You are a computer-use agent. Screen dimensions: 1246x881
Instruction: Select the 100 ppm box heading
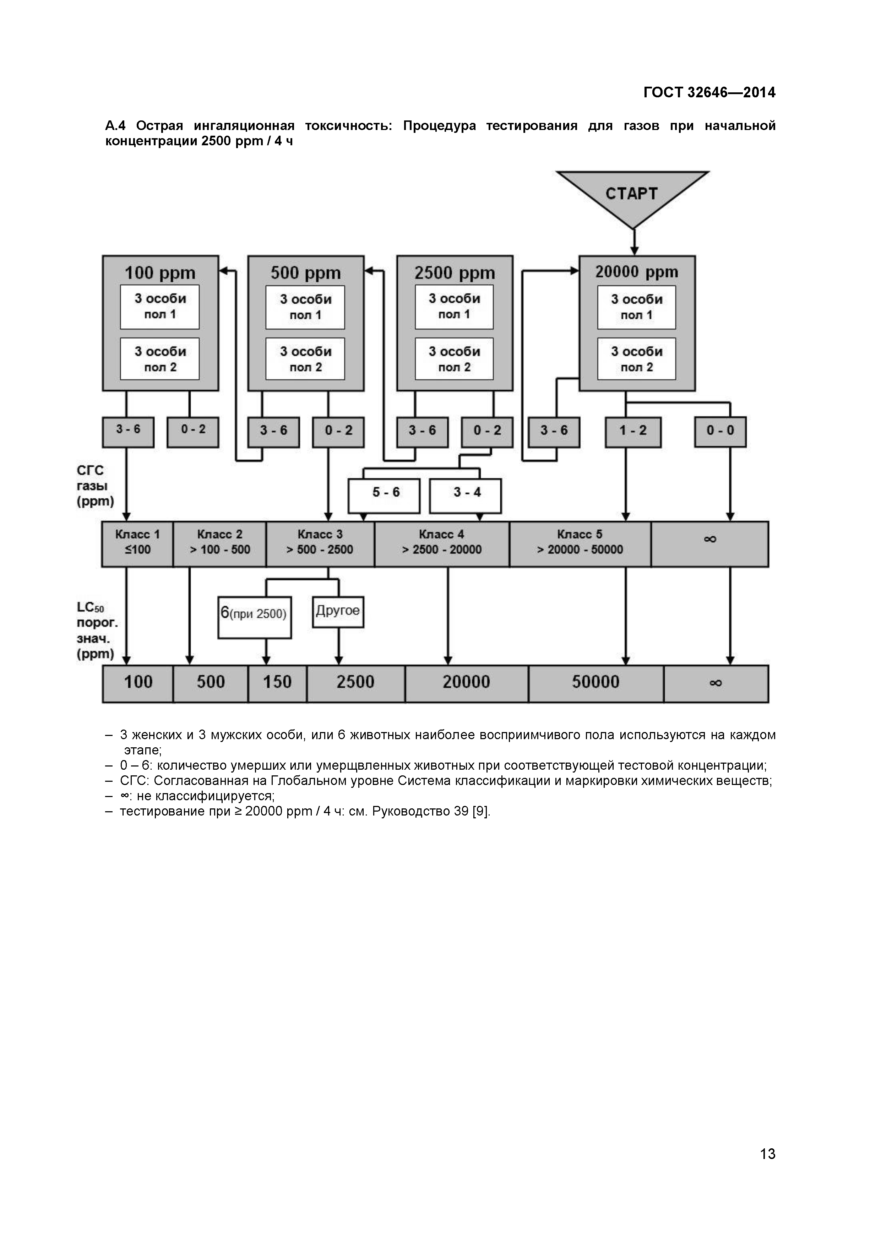click(x=160, y=272)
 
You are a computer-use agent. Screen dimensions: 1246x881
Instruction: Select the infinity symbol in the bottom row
click(x=716, y=683)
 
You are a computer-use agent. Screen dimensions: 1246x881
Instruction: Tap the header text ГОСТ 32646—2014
click(x=709, y=93)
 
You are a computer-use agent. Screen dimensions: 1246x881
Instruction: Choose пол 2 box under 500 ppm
click(x=305, y=359)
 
